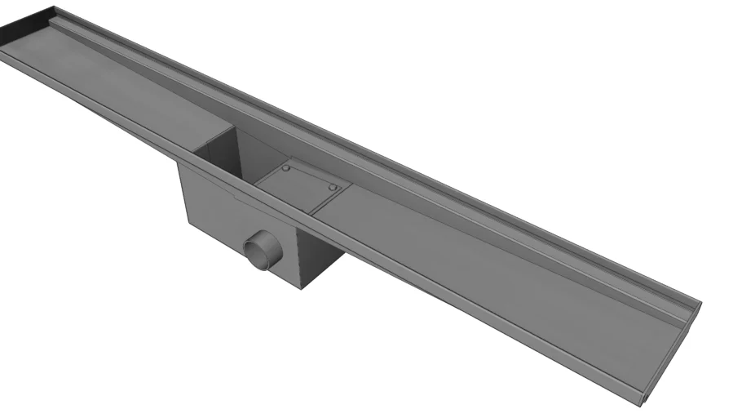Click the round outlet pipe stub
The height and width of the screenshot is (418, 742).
(263, 250)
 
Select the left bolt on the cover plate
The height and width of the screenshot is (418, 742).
(286, 168)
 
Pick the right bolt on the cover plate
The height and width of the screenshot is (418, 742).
(332, 187)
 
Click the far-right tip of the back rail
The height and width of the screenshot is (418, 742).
(700, 305)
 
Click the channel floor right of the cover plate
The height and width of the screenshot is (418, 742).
(489, 269)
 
